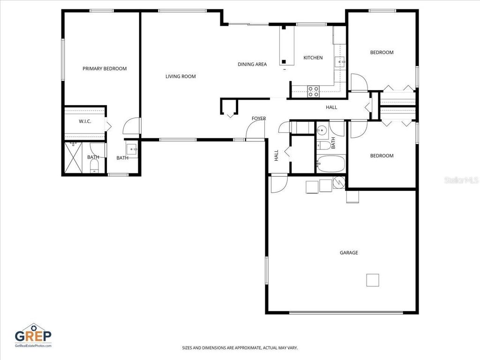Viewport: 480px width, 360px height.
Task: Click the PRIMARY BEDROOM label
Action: coord(105,68)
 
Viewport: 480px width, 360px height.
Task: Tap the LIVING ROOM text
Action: coord(180,76)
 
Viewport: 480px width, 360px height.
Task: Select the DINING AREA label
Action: coord(252,64)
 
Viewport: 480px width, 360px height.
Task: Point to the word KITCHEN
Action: coord(313,58)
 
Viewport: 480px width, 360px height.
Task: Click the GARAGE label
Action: coord(349,253)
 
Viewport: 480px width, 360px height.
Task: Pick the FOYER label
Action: coord(259,119)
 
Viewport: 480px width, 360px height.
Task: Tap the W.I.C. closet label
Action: coord(85,121)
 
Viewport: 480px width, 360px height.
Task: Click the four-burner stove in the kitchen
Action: coord(313,91)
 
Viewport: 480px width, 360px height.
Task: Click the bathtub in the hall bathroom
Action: coord(330,164)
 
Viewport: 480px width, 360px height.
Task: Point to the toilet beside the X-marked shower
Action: coord(94,165)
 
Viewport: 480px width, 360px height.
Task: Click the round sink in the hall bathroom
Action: coord(322,131)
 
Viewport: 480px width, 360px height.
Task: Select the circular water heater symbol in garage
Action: coord(338,183)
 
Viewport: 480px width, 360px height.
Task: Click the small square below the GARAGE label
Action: coord(373,280)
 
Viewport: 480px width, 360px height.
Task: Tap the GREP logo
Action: coord(33,335)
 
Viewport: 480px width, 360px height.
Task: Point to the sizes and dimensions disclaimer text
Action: coord(240,348)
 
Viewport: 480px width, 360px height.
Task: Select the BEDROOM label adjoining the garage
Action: coord(382,156)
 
